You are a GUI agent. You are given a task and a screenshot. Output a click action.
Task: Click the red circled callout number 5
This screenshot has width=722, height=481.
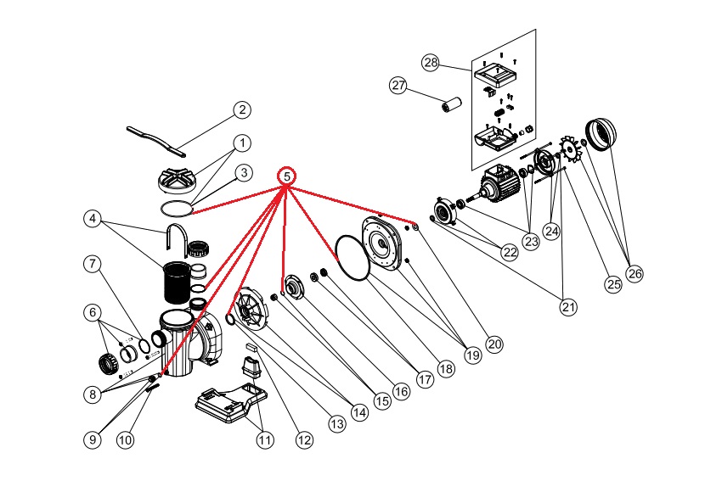tap(287, 176)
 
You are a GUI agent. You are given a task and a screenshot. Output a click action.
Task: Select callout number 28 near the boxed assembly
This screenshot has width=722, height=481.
tap(431, 63)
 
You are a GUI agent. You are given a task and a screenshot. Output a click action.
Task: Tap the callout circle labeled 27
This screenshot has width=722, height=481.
tap(399, 86)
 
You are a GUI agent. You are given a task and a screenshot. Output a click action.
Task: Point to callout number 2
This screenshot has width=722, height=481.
tap(242, 109)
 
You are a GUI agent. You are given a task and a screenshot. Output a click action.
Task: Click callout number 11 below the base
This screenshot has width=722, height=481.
tap(266, 439)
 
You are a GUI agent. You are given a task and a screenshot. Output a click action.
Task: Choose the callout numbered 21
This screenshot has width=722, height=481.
tap(568, 307)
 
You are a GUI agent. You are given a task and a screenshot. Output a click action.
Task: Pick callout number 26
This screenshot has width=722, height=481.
tap(635, 273)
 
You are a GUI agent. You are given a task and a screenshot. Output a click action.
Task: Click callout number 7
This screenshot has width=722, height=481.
tap(93, 263)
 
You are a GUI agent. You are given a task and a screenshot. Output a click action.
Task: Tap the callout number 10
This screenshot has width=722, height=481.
tap(125, 439)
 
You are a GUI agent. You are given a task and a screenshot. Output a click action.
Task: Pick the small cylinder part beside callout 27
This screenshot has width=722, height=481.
tap(449, 106)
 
